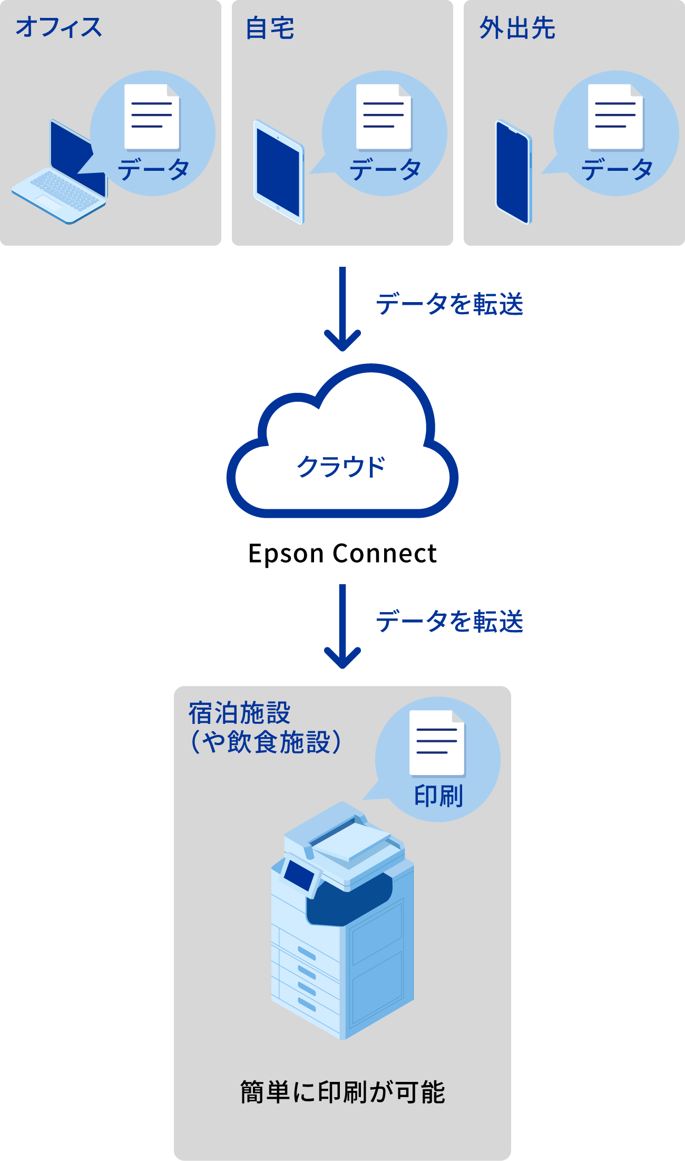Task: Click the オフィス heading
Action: [58, 27]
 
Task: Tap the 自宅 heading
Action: [270, 28]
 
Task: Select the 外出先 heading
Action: [517, 28]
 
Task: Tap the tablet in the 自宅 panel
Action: [279, 172]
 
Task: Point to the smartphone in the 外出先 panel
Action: [513, 172]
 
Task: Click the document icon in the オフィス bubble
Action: [152, 117]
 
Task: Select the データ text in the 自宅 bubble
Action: [385, 170]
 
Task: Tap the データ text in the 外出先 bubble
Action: [617, 170]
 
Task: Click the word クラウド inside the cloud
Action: [341, 467]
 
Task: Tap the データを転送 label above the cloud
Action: [449, 304]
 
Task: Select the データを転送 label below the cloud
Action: [449, 621]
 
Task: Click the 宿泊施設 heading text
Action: [240, 713]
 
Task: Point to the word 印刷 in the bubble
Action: [438, 796]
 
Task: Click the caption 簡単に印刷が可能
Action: [342, 1091]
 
